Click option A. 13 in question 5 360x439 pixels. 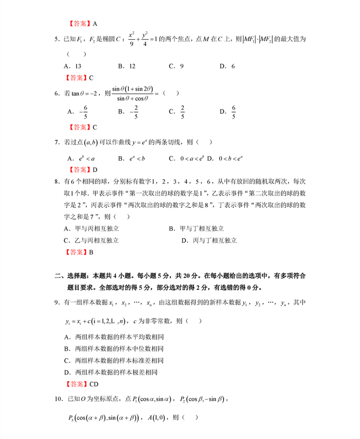click(x=72, y=66)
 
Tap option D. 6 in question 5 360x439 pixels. click(x=227, y=66)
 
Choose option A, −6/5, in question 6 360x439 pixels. click(x=77, y=112)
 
